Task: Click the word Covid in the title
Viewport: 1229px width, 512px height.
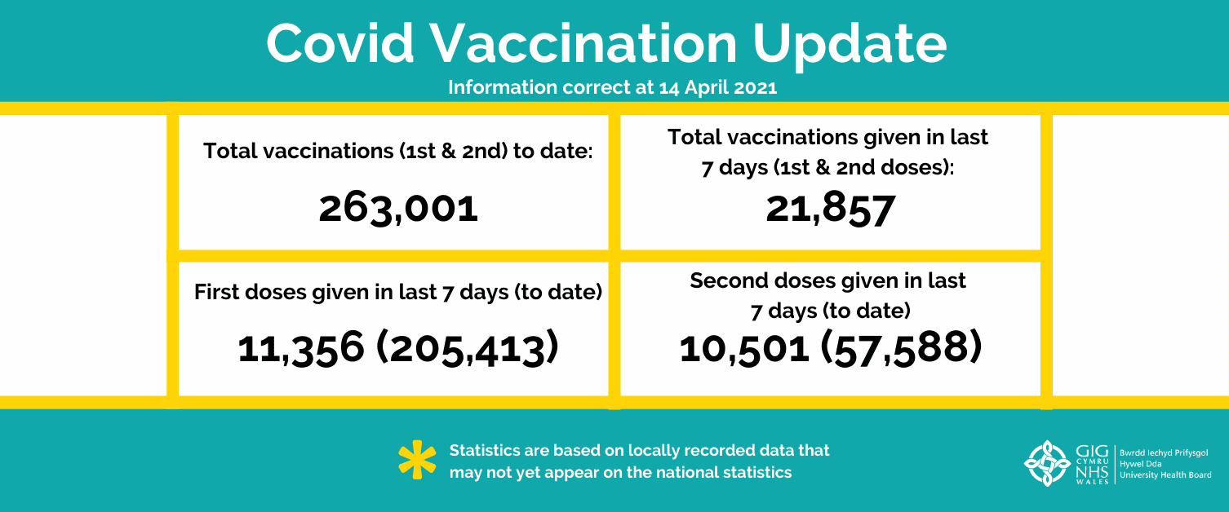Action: [x=339, y=44]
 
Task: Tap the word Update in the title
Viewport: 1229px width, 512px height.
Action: [x=850, y=46]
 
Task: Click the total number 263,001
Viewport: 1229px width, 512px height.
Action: [x=398, y=209]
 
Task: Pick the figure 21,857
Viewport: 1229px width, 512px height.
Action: [x=830, y=209]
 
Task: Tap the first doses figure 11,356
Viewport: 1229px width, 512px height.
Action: [x=300, y=348]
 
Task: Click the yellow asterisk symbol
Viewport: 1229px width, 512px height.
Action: [x=417, y=460]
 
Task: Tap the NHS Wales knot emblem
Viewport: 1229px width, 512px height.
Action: [x=1047, y=463]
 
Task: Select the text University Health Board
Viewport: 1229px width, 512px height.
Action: [x=1165, y=475]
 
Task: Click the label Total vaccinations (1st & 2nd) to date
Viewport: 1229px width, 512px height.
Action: [x=397, y=152]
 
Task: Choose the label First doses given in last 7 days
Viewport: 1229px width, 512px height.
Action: [x=318, y=292]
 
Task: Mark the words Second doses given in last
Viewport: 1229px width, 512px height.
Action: [x=828, y=281]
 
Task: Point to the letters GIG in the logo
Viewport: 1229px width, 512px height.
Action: [x=1092, y=452]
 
